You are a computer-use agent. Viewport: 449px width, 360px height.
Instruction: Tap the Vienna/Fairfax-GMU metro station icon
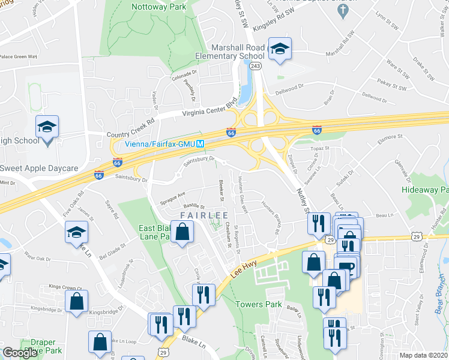202,144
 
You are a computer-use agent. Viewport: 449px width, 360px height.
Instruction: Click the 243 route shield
256,65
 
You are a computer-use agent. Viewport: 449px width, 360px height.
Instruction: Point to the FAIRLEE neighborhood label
209,215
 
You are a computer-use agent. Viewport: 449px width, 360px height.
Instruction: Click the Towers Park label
259,304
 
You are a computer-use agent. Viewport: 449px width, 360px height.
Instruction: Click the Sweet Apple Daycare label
40,168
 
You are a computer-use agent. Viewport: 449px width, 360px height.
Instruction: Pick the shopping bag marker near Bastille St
181,231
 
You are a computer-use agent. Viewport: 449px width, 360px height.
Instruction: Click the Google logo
20,353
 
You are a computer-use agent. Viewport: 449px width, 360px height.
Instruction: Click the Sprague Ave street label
173,196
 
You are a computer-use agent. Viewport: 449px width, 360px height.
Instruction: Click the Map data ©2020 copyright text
423,355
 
